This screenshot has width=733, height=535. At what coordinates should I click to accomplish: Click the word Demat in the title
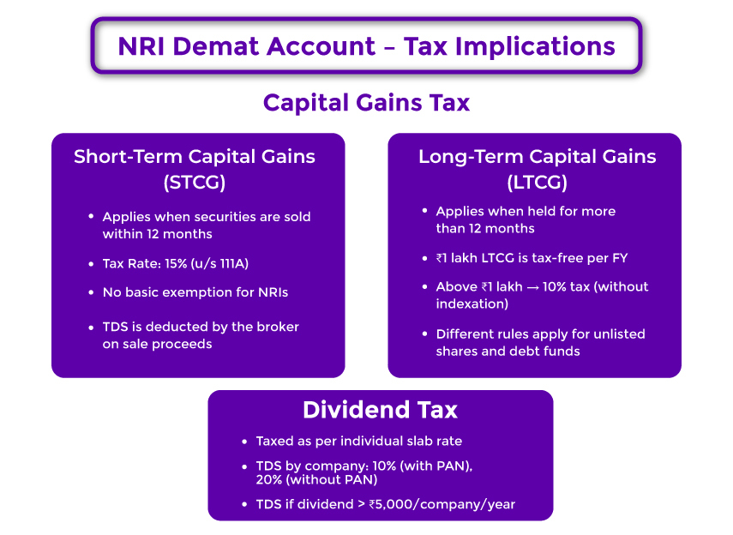point(223,45)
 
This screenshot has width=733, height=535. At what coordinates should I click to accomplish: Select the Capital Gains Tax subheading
point(366,102)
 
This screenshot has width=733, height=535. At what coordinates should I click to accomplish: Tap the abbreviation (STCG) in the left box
point(195,182)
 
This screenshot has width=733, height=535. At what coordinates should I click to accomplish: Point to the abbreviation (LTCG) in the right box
point(537,182)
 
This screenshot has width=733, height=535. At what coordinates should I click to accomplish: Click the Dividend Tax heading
point(380,411)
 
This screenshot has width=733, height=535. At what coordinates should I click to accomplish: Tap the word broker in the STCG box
point(279,327)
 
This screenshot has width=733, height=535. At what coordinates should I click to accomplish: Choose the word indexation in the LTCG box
point(471,303)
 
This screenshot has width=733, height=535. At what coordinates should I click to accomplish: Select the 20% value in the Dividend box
point(270,480)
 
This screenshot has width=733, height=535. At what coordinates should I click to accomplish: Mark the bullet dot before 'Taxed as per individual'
point(243,441)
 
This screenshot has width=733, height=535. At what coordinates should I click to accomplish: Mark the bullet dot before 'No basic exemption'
point(90,292)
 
